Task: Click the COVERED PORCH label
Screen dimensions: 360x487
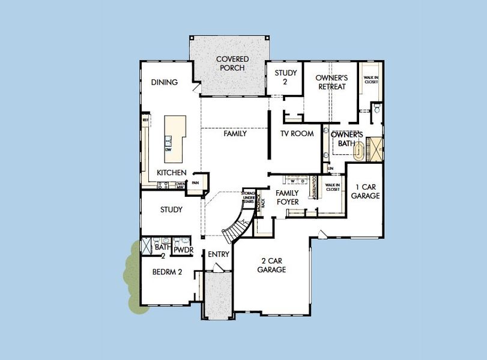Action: click(232, 64)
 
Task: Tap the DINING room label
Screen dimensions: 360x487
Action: click(164, 82)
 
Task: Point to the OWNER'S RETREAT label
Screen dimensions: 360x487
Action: click(331, 82)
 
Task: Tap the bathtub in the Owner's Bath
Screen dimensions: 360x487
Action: click(360, 150)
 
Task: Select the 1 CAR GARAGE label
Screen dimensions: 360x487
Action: click(365, 191)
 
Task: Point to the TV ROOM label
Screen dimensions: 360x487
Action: click(297, 134)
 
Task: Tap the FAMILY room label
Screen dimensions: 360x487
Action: click(235, 134)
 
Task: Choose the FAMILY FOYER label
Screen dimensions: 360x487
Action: click(287, 197)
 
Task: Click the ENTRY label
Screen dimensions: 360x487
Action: click(219, 254)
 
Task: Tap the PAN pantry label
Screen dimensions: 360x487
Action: click(195, 183)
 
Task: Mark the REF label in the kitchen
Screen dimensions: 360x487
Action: click(145, 120)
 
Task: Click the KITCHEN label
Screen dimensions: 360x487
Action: click(171, 172)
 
